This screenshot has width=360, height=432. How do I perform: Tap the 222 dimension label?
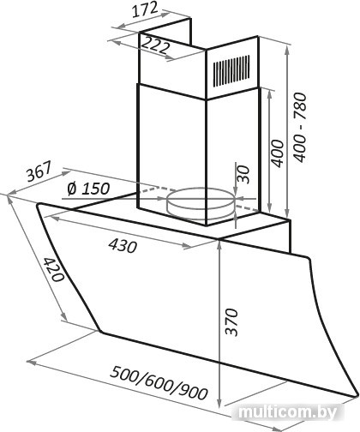pyautogui.click(x=154, y=45)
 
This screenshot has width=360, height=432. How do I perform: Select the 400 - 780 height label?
pyautogui.click(x=300, y=127)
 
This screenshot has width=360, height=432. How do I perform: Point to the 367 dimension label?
pyautogui.click(x=39, y=171)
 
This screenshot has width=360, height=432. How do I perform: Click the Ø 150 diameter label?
pyautogui.click(x=88, y=189)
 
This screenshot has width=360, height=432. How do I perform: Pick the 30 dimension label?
pyautogui.click(x=243, y=175)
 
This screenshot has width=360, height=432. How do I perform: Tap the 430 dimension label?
pyautogui.click(x=123, y=246)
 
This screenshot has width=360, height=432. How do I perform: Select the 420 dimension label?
pyautogui.click(x=54, y=269)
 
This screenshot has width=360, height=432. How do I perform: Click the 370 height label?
pyautogui.click(x=231, y=322)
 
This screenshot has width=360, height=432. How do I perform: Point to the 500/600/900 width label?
pyautogui.click(x=159, y=383)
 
